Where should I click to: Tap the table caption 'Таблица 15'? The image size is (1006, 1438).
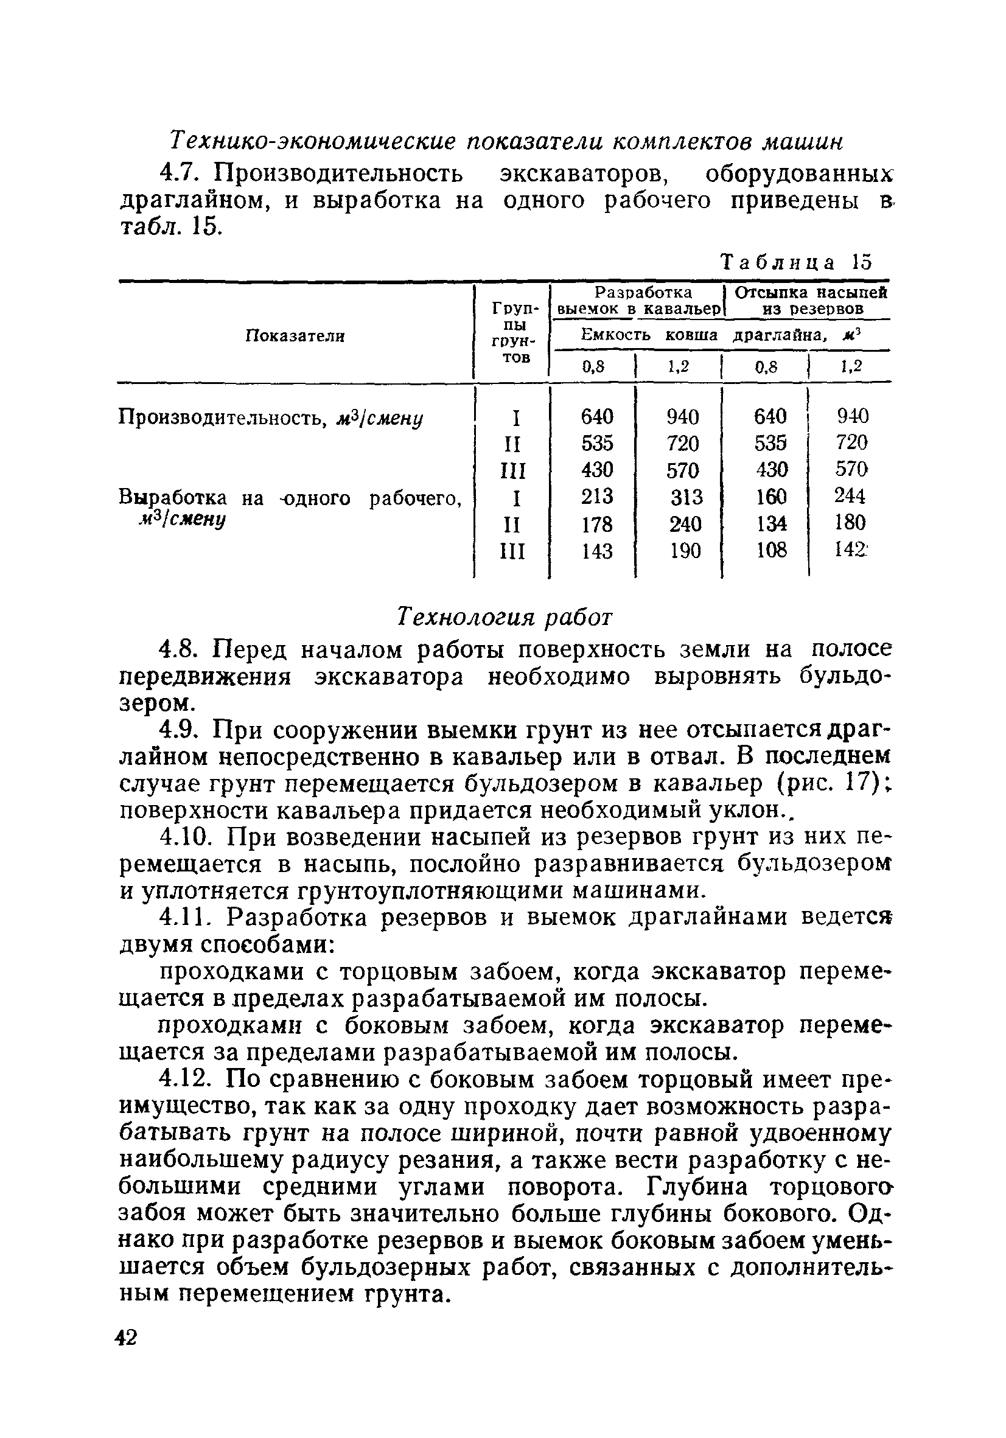pos(796,261)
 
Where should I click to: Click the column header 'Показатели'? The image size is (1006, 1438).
pos(295,337)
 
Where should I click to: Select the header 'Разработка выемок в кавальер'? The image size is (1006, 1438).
pos(638,301)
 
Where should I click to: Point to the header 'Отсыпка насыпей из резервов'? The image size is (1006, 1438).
pos(811,301)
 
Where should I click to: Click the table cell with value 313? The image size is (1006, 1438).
pos(686,497)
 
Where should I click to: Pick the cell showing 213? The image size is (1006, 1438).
pos(596,497)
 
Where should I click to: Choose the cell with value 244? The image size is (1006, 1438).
pos(850,496)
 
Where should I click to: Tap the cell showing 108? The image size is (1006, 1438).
pos(770,550)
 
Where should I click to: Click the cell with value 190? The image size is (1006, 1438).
pos(685,551)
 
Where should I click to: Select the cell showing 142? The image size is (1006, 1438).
pos(850,550)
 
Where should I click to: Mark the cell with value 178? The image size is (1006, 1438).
pos(596,523)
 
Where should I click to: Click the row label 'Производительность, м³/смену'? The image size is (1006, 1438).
pos(271,417)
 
